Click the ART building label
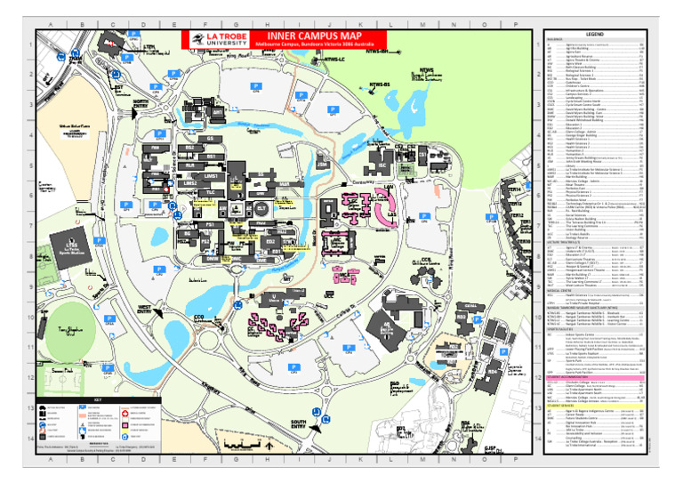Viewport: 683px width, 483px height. click(x=217, y=113)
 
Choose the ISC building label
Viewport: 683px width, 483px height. click(x=382, y=166)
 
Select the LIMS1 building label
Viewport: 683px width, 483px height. click(x=210, y=177)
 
